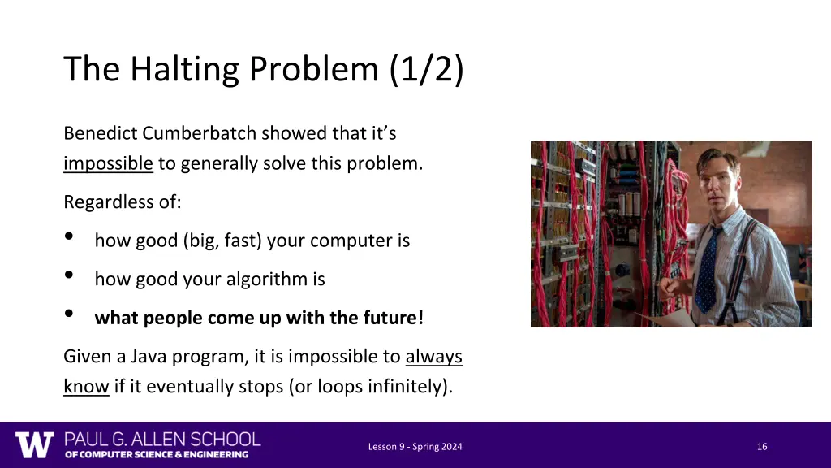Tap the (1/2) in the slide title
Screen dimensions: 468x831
coord(426,70)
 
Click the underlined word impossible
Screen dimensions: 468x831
coord(108,163)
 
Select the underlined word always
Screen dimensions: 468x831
coord(433,357)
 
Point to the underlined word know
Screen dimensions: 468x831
coord(86,386)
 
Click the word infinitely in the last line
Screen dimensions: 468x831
coord(411,386)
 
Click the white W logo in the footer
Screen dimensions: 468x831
coord(34,445)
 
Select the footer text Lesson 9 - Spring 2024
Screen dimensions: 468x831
coord(415,446)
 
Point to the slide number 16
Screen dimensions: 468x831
coord(761,446)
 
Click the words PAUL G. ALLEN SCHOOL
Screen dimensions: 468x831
coord(162,439)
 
